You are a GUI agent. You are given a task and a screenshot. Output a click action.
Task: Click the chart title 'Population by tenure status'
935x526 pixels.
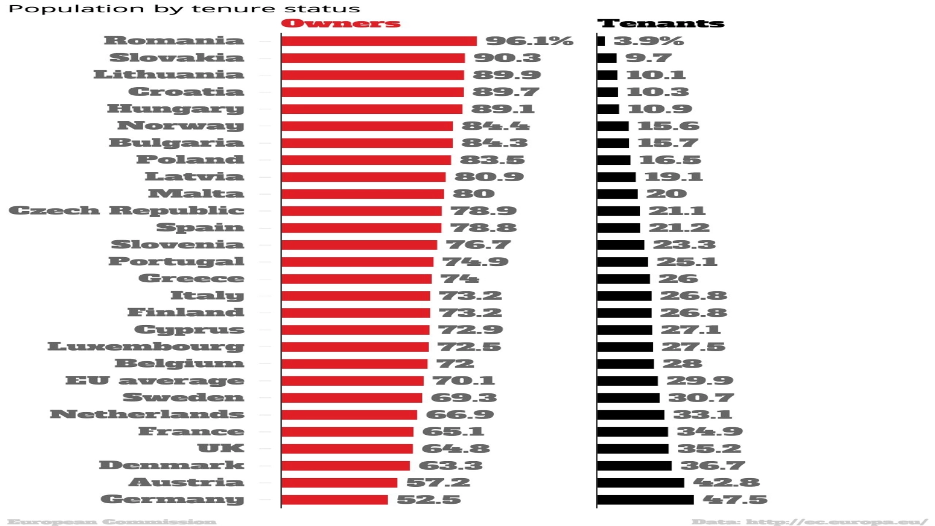pyautogui.click(x=184, y=9)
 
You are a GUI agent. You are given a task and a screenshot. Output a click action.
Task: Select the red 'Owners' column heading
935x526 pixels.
pyautogui.click(x=341, y=23)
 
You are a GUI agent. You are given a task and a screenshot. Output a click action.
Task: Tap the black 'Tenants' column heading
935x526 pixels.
pyautogui.click(x=660, y=23)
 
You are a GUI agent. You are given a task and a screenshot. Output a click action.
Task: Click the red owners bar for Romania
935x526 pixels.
pyautogui.click(x=379, y=41)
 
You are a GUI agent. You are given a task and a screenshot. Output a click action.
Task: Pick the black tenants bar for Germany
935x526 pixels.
pyautogui.click(x=645, y=500)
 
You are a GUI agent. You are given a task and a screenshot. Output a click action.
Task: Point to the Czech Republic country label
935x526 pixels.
pyautogui.click(x=126, y=210)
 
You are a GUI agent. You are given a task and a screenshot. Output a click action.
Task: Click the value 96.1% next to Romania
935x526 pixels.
pyautogui.click(x=529, y=41)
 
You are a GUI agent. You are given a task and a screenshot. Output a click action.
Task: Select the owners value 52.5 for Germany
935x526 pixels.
pyautogui.click(x=429, y=500)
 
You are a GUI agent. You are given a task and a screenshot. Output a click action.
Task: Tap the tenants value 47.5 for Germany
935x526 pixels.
pyautogui.click(x=735, y=500)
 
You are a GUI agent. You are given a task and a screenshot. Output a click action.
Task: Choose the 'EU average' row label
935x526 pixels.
pyautogui.click(x=155, y=380)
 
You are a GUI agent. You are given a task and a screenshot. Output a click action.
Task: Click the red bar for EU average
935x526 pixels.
pyautogui.click(x=352, y=381)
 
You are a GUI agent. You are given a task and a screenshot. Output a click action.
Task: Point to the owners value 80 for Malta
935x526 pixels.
pyautogui.click(x=473, y=193)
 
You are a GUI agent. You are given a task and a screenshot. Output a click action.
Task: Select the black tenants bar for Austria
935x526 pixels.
pyautogui.click(x=640, y=483)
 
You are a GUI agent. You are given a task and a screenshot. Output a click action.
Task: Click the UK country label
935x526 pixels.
pyautogui.click(x=221, y=448)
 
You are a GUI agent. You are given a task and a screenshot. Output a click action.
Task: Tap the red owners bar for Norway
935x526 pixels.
pyautogui.click(x=367, y=126)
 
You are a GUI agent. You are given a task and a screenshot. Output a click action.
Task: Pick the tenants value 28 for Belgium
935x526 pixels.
pyautogui.click(x=682, y=364)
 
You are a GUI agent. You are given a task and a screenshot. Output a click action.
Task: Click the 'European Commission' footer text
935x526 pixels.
pyautogui.click(x=112, y=521)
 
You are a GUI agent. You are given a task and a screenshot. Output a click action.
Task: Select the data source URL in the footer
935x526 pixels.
pyautogui.click(x=810, y=521)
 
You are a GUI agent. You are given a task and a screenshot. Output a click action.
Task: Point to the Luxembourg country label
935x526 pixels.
pyautogui.click(x=146, y=347)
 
